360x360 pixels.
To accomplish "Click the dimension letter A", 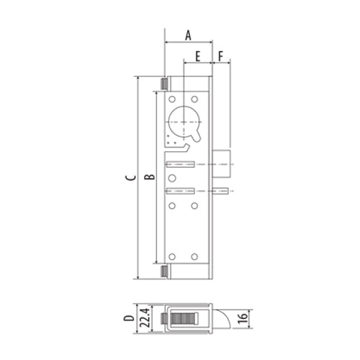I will click(189, 34).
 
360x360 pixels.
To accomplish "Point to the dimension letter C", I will click(127, 177).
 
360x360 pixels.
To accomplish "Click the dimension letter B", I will click(148, 177).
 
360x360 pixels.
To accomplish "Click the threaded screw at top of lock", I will click(164, 84).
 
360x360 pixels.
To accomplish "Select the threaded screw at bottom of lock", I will click(164, 271).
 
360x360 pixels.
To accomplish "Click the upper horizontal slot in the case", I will click(181, 163).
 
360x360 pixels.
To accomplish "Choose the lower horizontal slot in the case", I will click(181, 191).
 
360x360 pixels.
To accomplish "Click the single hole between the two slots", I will click(172, 177).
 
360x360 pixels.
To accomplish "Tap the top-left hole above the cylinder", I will click(172, 99).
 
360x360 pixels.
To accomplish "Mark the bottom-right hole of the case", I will click(194, 256).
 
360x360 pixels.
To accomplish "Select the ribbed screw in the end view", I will click(185, 318).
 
